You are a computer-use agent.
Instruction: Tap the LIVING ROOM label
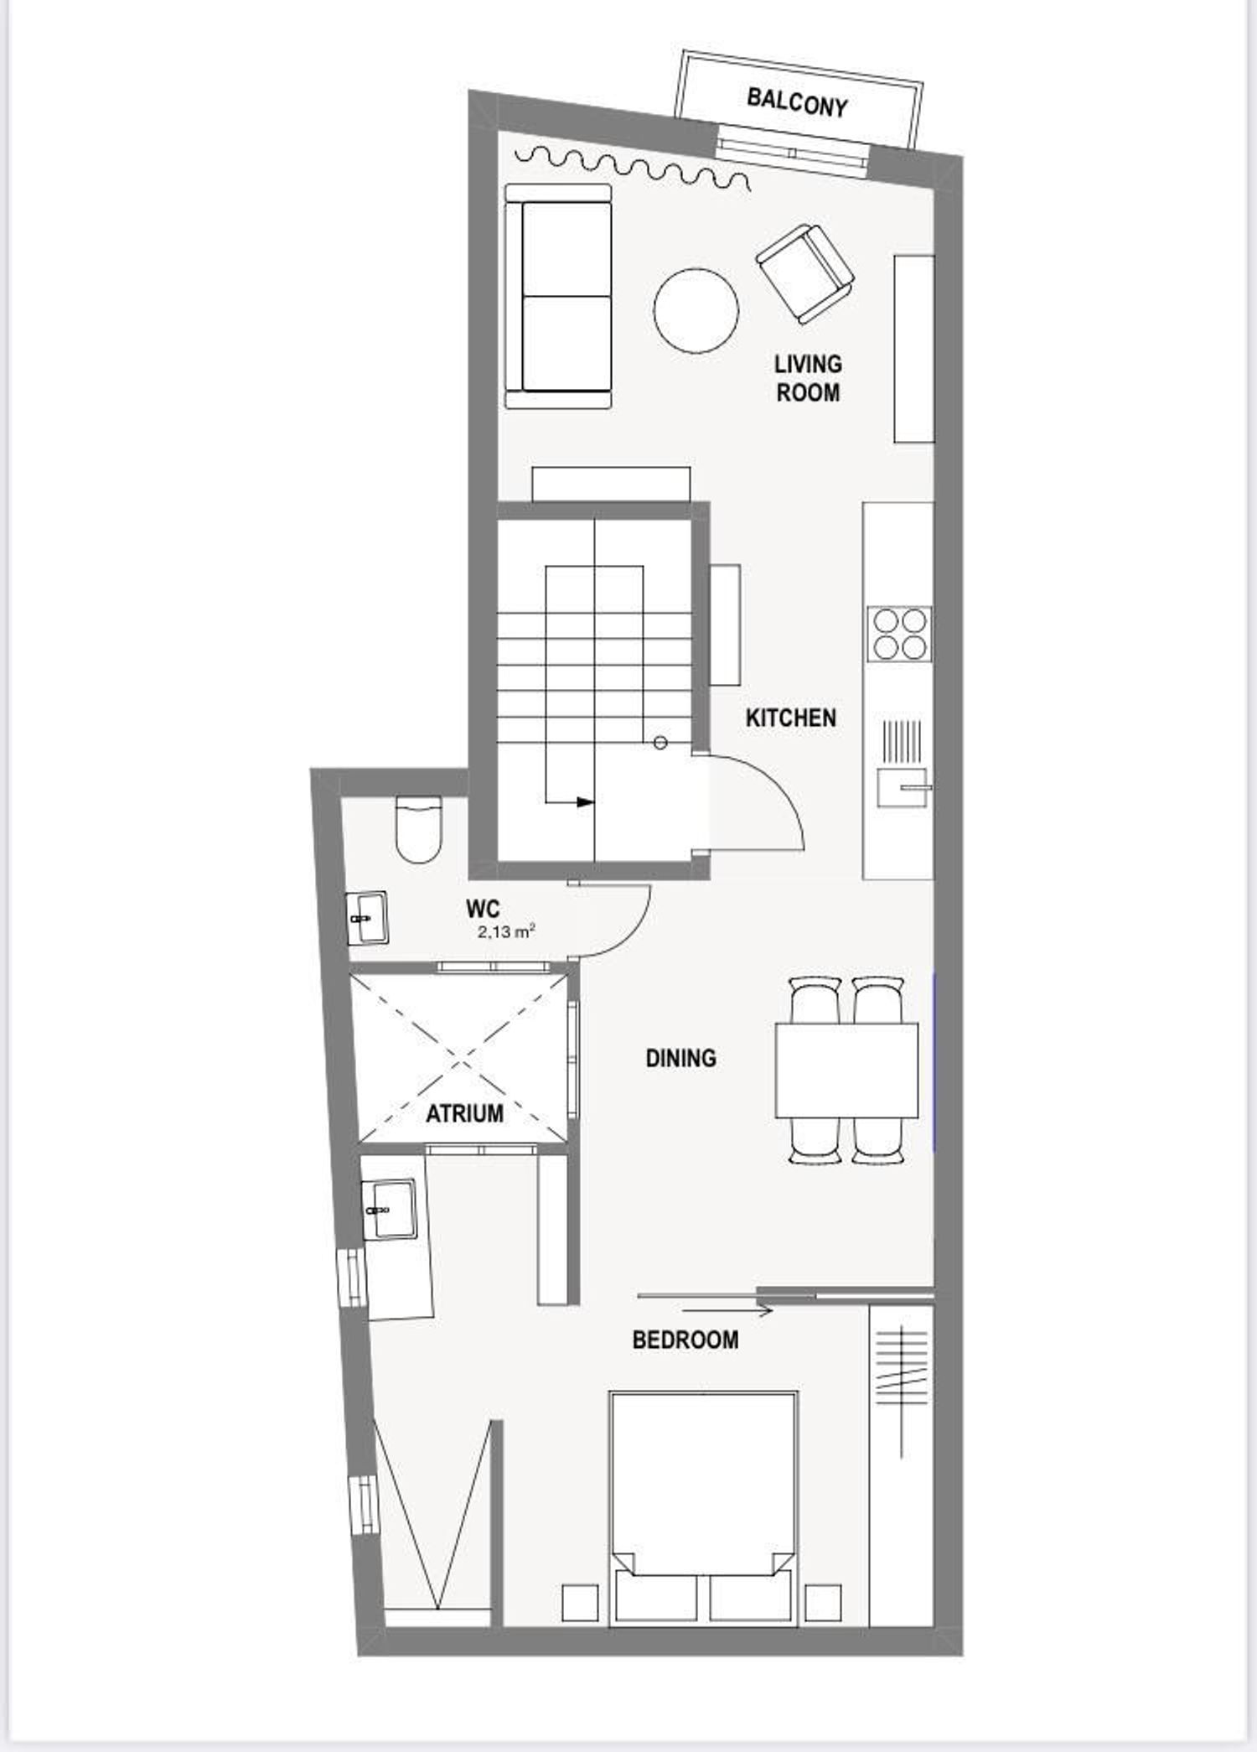tap(808, 378)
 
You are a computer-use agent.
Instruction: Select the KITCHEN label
tap(791, 718)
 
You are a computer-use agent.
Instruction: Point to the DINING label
tap(680, 1059)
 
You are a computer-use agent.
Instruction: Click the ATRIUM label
tap(464, 1114)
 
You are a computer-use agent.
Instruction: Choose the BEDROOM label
tap(685, 1340)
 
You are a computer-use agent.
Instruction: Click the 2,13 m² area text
tap(506, 931)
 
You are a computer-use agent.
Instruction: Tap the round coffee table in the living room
tap(696, 311)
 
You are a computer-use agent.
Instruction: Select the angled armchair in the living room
tap(804, 273)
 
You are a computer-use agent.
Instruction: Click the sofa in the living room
tap(558, 296)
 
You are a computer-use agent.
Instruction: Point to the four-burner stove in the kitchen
tap(900, 634)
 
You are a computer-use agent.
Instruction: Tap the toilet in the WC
tap(418, 829)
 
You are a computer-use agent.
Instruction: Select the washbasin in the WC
tap(367, 919)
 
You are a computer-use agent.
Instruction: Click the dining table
tap(846, 1070)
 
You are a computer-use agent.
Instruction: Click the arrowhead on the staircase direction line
tap(585, 802)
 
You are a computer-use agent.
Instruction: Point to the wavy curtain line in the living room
tap(632, 167)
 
